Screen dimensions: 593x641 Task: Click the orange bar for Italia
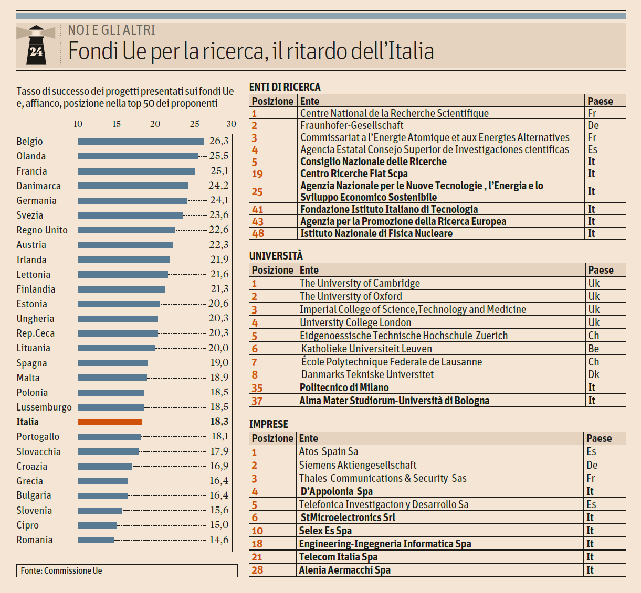point(110,422)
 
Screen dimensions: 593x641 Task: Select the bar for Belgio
point(141,141)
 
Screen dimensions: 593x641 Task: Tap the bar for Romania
point(96,540)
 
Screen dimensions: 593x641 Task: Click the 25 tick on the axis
point(194,124)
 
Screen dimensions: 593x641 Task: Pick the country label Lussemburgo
point(44,407)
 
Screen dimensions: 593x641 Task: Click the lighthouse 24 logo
point(36,46)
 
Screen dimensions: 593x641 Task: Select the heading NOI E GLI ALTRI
point(112,30)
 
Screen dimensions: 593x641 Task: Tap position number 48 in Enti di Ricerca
point(258,234)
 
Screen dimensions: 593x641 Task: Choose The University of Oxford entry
point(351,296)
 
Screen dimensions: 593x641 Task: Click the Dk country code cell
point(594,374)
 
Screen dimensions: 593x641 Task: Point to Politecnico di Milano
point(344,387)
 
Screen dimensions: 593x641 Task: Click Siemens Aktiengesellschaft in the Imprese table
point(358,465)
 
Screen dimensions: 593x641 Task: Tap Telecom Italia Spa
point(338,557)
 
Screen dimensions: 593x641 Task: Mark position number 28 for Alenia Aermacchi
point(257,570)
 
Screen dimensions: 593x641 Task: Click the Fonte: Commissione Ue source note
point(61,570)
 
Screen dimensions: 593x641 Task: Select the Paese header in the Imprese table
point(599,438)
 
